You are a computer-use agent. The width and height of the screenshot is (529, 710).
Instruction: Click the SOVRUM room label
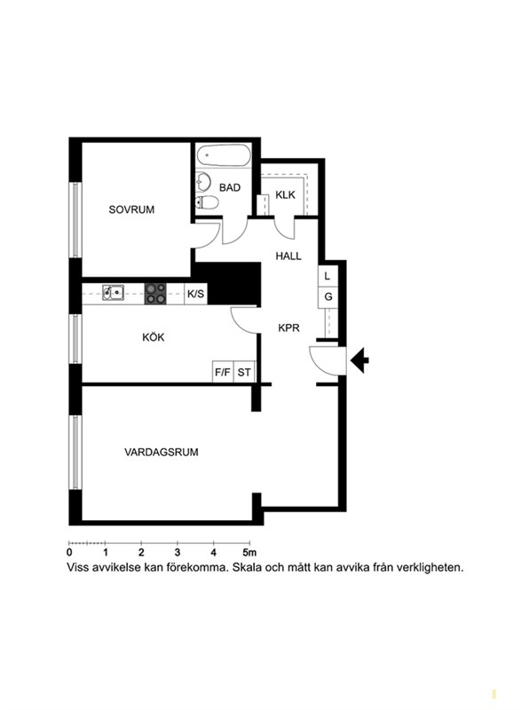131,209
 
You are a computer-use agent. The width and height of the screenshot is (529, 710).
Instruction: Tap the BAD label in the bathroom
230,187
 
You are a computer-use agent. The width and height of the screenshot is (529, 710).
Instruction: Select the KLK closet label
285,194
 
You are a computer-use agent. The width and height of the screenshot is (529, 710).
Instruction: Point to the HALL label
288,256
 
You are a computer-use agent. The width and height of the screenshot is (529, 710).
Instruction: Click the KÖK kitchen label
153,337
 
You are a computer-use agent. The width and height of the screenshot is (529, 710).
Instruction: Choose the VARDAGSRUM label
162,452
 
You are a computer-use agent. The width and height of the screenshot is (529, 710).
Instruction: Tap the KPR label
289,327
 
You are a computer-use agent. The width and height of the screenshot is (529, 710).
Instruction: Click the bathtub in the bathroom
224,155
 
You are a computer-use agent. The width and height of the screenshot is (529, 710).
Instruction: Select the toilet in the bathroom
207,202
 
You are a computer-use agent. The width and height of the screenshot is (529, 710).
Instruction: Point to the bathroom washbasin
204,182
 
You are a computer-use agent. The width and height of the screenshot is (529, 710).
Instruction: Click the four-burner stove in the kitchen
155,294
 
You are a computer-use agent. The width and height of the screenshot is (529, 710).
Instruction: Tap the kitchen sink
113,293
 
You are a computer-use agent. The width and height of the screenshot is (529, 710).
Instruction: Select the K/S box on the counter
195,294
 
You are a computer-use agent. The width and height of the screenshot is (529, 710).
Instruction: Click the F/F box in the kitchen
223,372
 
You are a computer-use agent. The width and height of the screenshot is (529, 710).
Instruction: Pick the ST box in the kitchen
245,372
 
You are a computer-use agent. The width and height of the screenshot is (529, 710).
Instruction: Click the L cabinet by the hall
328,276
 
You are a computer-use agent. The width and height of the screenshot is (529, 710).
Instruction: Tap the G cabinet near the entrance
328,297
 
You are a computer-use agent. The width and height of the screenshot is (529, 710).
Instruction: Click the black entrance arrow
360,360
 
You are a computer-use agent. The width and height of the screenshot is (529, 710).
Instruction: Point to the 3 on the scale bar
178,552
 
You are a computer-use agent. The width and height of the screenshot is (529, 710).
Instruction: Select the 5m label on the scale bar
249,552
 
